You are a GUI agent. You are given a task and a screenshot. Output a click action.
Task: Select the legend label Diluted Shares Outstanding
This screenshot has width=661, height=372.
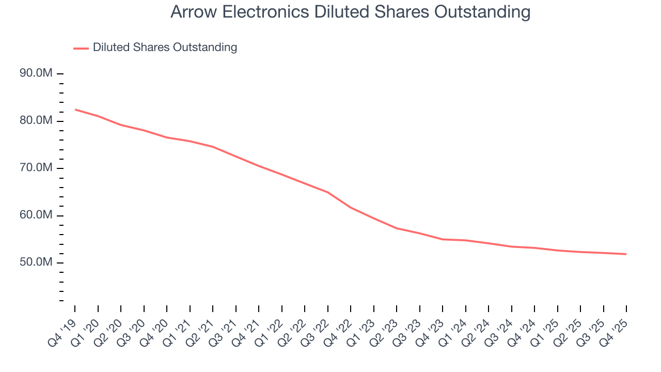tap(165, 48)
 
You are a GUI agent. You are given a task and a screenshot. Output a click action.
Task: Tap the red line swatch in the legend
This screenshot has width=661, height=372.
tap(81, 48)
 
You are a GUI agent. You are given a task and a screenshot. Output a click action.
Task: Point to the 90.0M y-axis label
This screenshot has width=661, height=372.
tap(36, 73)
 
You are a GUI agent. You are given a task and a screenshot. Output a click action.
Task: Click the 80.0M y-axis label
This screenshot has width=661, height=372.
tap(36, 120)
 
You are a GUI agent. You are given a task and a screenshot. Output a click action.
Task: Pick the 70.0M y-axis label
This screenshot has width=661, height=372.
tap(36, 168)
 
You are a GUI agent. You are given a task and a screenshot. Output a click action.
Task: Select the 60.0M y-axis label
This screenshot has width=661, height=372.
tap(36, 215)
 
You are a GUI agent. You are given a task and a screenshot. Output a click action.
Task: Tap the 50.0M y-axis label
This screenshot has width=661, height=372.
tap(36, 262)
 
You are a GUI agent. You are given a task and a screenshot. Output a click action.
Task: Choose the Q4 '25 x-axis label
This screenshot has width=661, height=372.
tap(615, 333)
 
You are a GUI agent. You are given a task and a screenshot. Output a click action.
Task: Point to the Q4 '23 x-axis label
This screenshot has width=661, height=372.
tap(431, 333)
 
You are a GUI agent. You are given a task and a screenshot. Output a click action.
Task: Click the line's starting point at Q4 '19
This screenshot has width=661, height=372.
tap(75, 110)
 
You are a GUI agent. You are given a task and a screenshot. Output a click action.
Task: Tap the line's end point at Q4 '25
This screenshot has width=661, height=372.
tap(626, 254)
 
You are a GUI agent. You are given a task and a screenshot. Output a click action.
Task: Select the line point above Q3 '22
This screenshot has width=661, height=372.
tap(328, 192)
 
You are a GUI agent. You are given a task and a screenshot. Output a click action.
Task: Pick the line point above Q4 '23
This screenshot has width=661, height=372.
tap(443, 239)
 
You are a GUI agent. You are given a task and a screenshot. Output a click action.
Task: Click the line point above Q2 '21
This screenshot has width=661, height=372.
tap(213, 147)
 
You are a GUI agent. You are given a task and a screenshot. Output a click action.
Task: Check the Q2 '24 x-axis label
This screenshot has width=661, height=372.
tap(477, 333)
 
